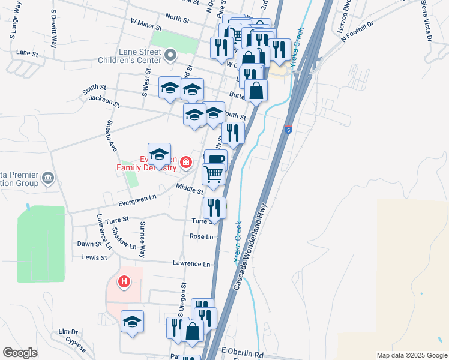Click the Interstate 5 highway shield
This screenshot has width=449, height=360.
point(289,130)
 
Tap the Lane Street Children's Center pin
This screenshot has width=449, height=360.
point(170,56)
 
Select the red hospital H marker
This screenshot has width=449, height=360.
point(124,281)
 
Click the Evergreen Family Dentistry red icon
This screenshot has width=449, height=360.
point(186,162)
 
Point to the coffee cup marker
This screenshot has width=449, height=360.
point(215,160)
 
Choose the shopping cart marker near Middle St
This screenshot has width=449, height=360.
point(213,175)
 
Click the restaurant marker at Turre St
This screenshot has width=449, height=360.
point(214,208)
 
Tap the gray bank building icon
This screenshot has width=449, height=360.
point(49,178)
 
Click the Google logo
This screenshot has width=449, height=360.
point(20,353)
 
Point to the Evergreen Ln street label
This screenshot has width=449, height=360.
point(137,196)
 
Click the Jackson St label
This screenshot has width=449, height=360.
point(104,100)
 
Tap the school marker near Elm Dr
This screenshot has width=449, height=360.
point(132,322)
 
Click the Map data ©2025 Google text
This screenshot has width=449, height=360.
point(411,355)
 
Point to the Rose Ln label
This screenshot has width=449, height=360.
point(201,237)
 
